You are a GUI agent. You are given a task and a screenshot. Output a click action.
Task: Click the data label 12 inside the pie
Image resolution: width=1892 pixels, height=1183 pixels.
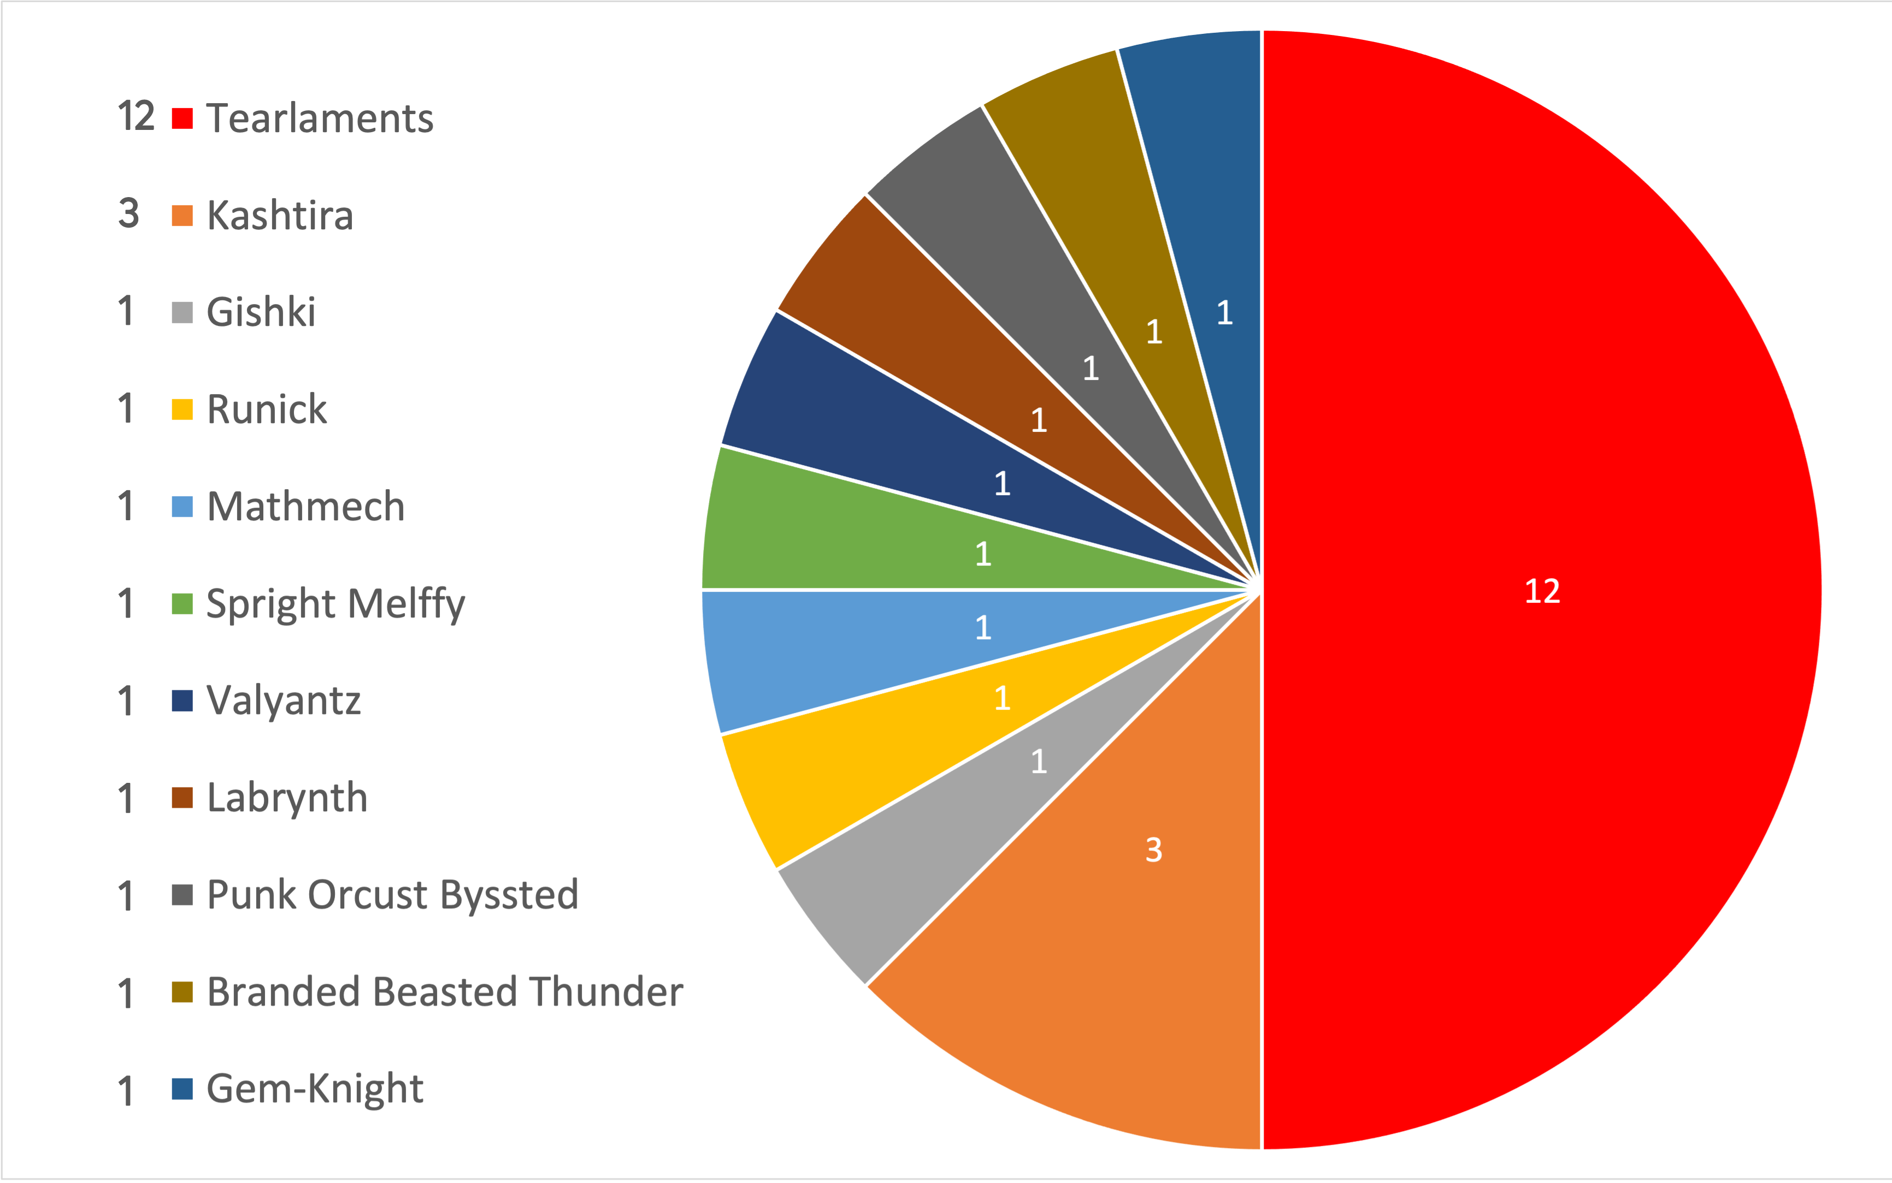pos(1542,591)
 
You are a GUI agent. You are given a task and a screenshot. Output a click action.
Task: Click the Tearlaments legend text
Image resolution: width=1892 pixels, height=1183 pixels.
pos(320,118)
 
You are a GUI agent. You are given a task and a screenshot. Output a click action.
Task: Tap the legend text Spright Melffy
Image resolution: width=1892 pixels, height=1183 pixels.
pos(335,604)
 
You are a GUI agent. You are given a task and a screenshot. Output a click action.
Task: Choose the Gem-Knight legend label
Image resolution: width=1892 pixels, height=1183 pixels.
pos(315,1089)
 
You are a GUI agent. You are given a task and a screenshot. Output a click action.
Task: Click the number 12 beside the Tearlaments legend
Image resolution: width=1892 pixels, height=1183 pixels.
pos(135,117)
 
